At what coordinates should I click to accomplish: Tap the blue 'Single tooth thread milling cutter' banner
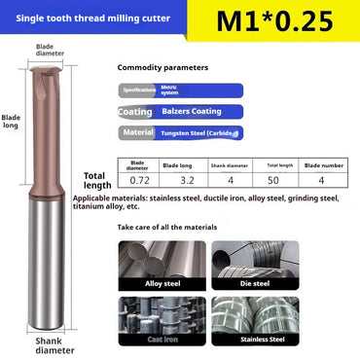click(93, 18)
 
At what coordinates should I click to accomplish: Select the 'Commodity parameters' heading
click(162, 68)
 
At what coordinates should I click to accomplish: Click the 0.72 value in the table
click(138, 181)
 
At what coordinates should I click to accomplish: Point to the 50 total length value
click(283, 181)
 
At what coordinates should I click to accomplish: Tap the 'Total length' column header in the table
click(283, 164)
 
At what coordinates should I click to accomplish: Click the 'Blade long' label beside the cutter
click(12, 121)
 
